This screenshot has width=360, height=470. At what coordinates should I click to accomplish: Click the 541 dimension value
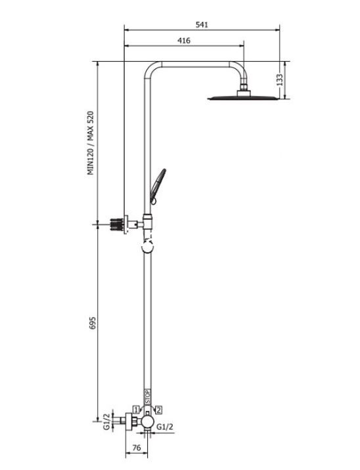click(202, 24)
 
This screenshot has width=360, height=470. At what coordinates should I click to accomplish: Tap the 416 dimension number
click(183, 41)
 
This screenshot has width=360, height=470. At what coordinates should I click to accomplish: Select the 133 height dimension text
click(280, 79)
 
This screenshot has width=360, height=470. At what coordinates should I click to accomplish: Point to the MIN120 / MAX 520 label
click(91, 143)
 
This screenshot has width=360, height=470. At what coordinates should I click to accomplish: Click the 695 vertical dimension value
click(93, 323)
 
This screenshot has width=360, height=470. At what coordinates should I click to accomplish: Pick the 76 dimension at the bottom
click(137, 448)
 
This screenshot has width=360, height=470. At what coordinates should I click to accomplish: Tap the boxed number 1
click(136, 410)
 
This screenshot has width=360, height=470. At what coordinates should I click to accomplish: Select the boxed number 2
click(159, 410)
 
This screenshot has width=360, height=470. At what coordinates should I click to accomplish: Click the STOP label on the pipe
click(148, 396)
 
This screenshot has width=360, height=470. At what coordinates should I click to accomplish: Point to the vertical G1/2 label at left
click(107, 421)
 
